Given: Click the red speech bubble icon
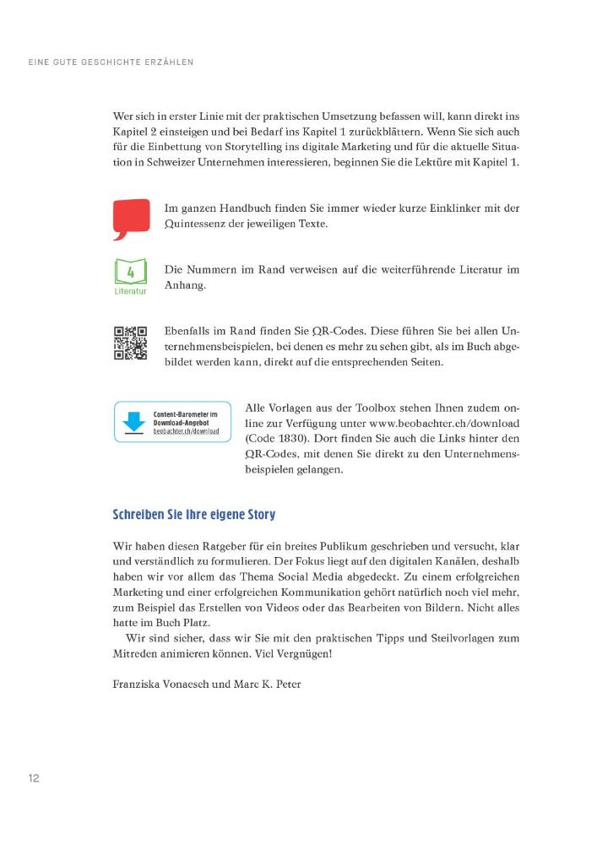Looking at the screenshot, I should pos(130,218).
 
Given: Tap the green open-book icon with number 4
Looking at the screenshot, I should pos(130,273).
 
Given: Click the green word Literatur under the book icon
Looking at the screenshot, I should pos(130,291).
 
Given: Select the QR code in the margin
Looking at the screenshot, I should pos(130,344).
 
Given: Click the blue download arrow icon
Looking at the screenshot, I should pos(133,421).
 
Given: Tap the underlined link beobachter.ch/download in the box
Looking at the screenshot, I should pos(186,430).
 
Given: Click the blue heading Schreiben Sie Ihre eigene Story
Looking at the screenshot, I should pos(193,514).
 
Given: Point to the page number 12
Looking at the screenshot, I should pos(34,778).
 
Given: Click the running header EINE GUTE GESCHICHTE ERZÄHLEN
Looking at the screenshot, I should pos(111,62).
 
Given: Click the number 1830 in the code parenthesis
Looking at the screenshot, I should pos(291,439).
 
